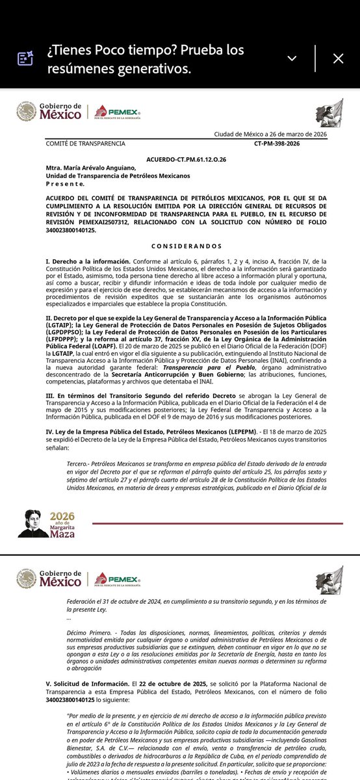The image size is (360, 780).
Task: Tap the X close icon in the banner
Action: tap(338, 58)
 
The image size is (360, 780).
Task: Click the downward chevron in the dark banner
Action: tap(292, 58)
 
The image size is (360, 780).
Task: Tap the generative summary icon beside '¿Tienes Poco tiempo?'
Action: tap(25, 58)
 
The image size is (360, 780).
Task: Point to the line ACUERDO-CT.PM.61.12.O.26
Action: tap(186, 159)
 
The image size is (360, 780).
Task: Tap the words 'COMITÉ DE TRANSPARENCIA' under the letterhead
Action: tap(85, 144)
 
